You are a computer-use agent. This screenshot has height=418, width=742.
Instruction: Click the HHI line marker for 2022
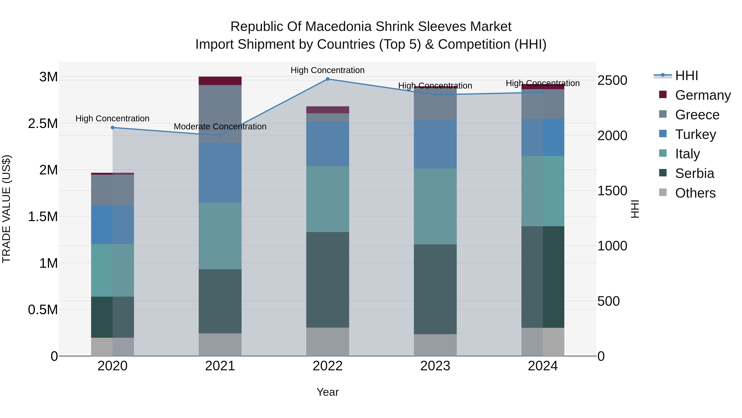coord(328,79)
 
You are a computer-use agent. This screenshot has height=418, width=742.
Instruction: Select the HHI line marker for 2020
coord(113,128)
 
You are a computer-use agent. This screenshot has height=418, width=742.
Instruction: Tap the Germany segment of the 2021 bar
coord(220,81)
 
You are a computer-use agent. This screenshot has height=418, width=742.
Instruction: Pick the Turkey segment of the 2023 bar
coord(435,144)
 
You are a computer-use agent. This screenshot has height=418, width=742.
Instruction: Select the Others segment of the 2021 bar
coord(220,345)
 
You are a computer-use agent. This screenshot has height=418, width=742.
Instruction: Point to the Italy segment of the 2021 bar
coord(220,236)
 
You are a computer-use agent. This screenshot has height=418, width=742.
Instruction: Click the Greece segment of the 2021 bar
coord(220,114)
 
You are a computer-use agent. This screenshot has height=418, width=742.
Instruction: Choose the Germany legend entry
coord(703,95)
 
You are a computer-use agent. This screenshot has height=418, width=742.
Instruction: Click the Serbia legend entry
coord(694,173)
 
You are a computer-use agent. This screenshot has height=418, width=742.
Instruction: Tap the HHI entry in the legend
coord(686,76)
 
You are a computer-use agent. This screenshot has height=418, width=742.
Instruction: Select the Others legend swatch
coord(663,192)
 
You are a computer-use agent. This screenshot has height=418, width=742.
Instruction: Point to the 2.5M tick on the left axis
coord(43,123)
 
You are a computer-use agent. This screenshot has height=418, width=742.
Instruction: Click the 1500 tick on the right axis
coord(612,191)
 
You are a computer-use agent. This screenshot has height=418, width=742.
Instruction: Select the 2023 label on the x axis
coord(435,366)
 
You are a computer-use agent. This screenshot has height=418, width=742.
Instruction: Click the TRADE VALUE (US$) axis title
coord(6,209)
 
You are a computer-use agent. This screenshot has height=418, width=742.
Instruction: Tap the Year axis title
coord(328,392)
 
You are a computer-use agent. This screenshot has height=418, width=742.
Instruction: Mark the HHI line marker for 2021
coord(220,135)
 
